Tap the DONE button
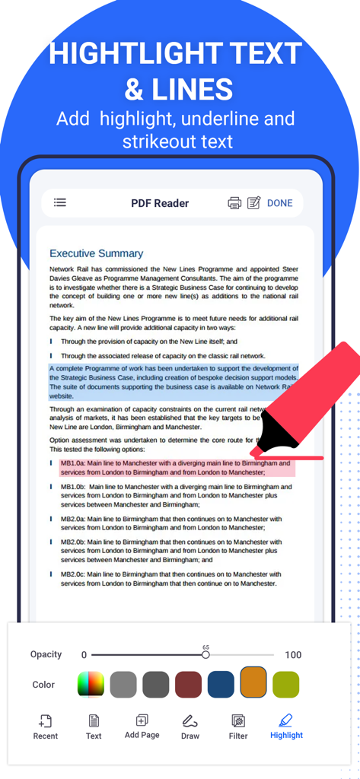tap(279, 203)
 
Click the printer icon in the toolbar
tap(235, 203)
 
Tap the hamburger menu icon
tap(60, 202)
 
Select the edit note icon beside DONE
tap(254, 203)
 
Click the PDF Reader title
tap(160, 203)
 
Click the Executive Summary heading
tap(96, 253)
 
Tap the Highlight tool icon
tap(285, 720)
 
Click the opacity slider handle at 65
tap(205, 654)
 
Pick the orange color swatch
tap(253, 683)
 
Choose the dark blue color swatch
tap(221, 684)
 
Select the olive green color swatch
tap(286, 684)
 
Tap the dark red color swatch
tap(188, 684)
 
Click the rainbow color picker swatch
tap(91, 684)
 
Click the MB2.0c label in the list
tap(73, 574)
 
